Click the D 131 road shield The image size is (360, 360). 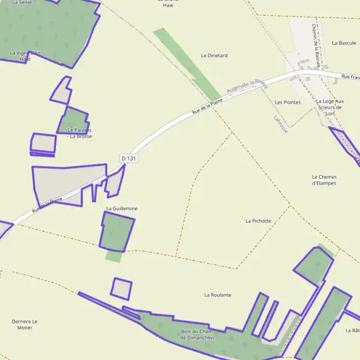[129, 158]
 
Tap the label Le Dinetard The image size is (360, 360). [214, 55]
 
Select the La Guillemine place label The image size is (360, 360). [122, 208]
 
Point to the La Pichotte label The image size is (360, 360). [258, 221]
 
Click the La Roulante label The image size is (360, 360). [217, 295]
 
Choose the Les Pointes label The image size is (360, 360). [287, 103]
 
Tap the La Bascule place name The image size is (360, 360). [344, 43]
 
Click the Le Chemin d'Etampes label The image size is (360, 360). [324, 180]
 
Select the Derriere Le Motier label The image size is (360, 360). [25, 325]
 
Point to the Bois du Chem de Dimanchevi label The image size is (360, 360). [197, 335]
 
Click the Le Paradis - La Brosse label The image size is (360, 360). [80, 133]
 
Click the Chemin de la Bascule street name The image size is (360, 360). [315, 42]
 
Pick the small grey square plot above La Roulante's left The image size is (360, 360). [121, 289]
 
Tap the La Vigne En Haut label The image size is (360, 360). [25, 56]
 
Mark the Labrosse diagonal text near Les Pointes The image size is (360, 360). [280, 124]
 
